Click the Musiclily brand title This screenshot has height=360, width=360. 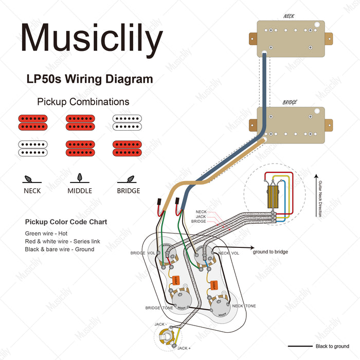[x=92, y=39]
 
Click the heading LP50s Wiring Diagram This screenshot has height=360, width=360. [x=89, y=79]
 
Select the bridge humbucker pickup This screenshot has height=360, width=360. [x=291, y=122]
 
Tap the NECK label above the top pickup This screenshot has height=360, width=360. [x=290, y=15]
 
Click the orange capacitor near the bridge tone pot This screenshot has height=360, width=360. [x=176, y=280]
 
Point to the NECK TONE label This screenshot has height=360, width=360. [x=244, y=306]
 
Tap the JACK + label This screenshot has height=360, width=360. [x=184, y=348]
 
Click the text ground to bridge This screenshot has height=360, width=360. [x=270, y=252]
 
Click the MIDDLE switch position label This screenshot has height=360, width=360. [x=80, y=191]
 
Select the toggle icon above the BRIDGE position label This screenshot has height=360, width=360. [x=128, y=178]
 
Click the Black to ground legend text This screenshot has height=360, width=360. [x=332, y=347]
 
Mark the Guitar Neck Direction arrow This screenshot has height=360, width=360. [x=317, y=195]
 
